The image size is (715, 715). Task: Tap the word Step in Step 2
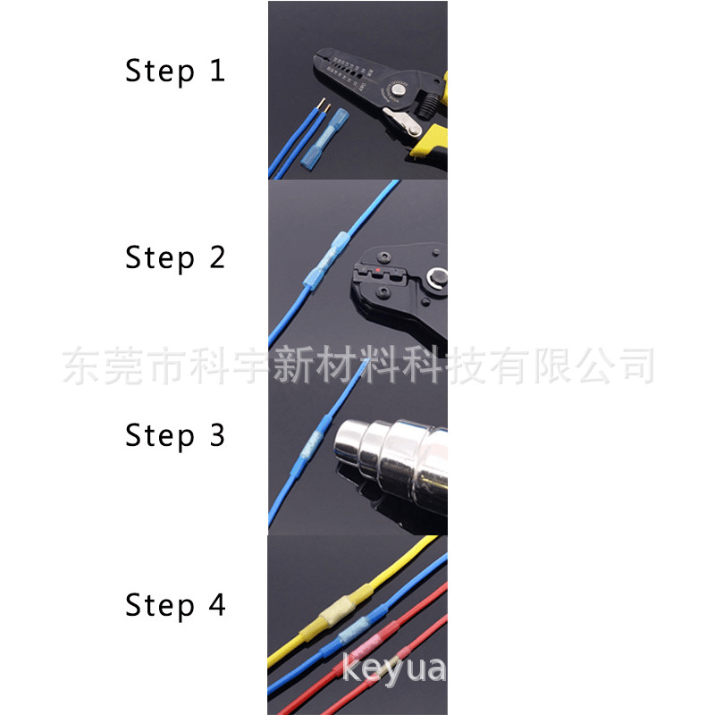[159, 257]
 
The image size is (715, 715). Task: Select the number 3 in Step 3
[217, 435]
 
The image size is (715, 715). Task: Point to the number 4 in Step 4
[217, 605]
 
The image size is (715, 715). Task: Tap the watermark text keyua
[393, 669]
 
